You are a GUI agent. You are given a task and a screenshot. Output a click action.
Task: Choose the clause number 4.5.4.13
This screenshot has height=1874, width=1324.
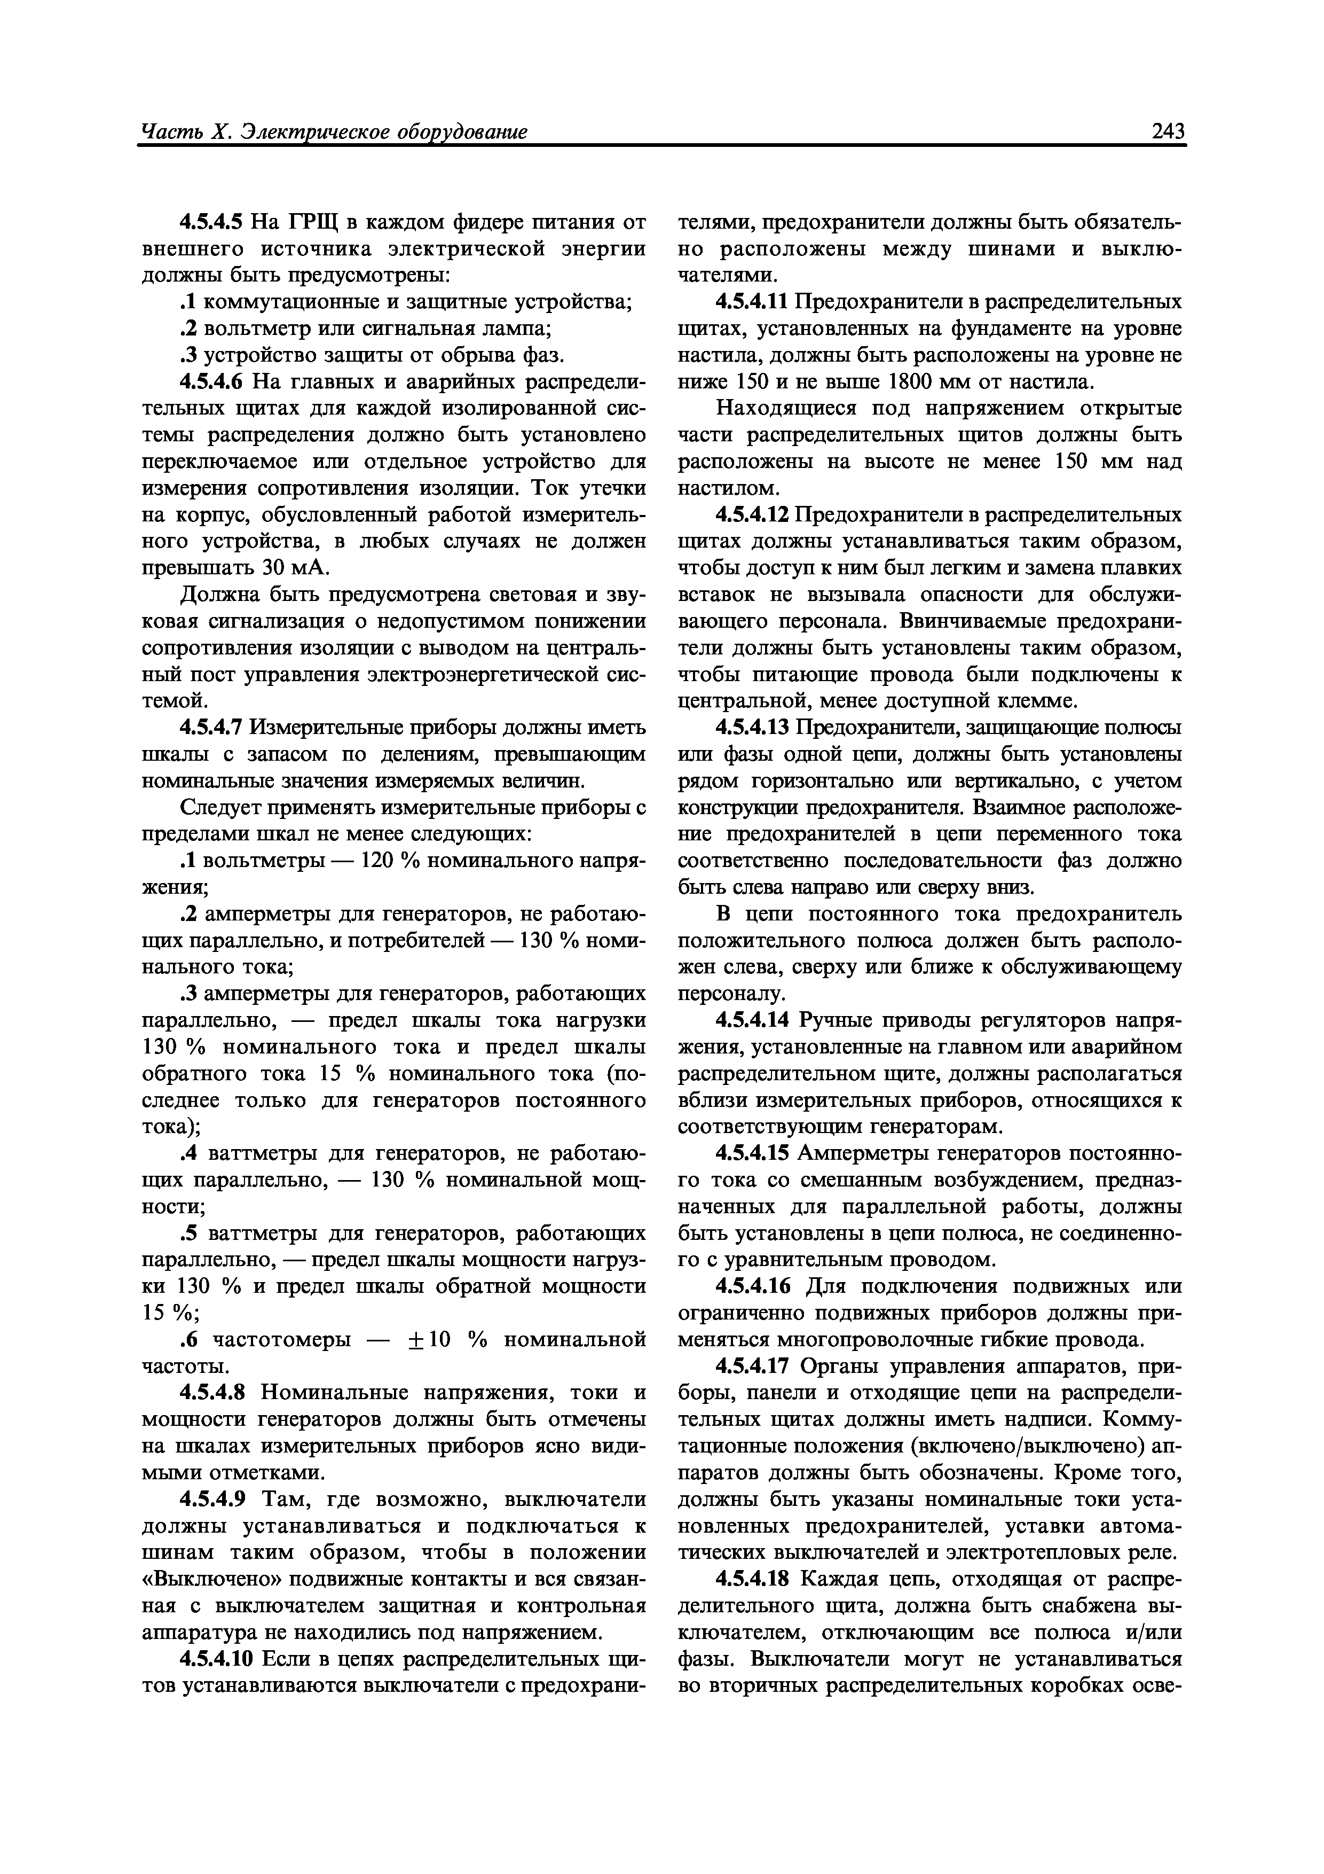(x=752, y=727)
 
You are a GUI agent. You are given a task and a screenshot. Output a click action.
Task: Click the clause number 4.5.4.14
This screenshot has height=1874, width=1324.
(x=752, y=1020)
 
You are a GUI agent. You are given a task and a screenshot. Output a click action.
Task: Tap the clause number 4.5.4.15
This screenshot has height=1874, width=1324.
(x=752, y=1153)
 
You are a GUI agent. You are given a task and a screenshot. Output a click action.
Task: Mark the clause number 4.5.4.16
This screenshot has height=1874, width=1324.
(x=752, y=1286)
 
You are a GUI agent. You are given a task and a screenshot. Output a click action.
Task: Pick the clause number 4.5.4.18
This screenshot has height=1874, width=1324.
(x=752, y=1579)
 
